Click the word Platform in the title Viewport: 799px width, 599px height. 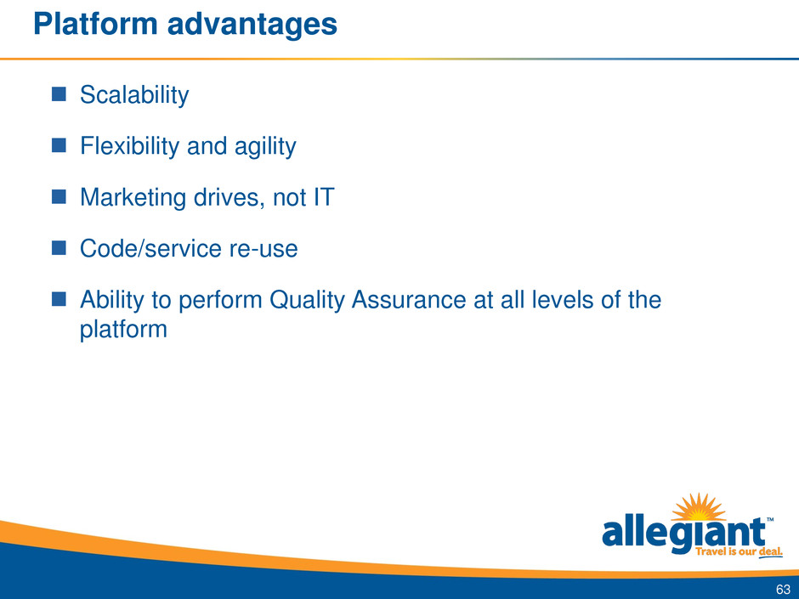96,24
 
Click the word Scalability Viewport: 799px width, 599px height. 134,95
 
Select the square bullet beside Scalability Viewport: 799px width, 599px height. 59,94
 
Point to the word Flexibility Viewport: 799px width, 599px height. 129,146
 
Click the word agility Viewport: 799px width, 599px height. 265,147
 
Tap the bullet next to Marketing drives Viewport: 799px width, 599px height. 59,196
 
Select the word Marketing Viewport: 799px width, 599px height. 133,198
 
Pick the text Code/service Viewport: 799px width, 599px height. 150,249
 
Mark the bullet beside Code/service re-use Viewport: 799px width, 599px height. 59,248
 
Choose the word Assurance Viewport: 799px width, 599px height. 409,299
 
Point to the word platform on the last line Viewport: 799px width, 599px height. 123,330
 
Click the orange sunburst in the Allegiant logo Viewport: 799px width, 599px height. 699,507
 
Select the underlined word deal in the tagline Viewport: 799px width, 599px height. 770,552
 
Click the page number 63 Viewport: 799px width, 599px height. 783,590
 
